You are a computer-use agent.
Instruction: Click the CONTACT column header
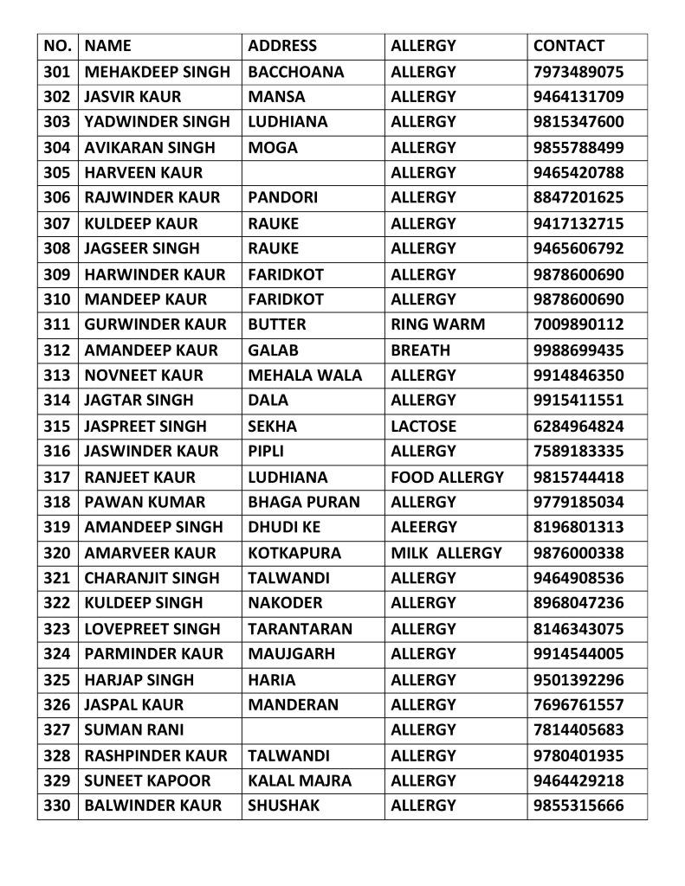click(x=568, y=46)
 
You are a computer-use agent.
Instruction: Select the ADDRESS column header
click(x=282, y=46)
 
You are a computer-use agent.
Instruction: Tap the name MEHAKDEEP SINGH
click(x=158, y=72)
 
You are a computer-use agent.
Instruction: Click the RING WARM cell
click(x=437, y=324)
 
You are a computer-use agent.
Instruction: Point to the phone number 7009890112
click(x=578, y=324)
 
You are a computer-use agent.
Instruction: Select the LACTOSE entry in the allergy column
click(x=423, y=426)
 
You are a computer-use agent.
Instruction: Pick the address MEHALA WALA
click(x=305, y=376)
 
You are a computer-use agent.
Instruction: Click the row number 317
click(x=56, y=477)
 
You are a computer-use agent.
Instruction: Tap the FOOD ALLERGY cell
click(x=447, y=477)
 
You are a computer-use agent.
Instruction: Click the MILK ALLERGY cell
click(x=446, y=553)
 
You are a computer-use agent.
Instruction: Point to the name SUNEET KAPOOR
click(x=147, y=780)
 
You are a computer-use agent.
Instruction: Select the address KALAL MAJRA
click(x=300, y=780)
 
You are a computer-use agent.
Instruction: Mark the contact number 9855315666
click(x=578, y=806)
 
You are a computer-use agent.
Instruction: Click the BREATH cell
click(x=420, y=350)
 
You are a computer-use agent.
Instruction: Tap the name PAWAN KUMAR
click(x=145, y=502)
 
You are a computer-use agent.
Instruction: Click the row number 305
click(x=56, y=172)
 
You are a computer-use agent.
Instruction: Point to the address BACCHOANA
click(x=295, y=72)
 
